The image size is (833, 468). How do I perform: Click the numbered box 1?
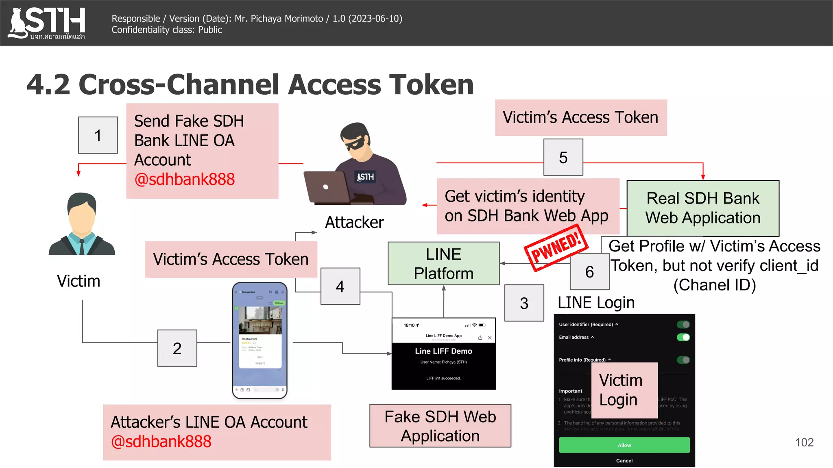[98, 135]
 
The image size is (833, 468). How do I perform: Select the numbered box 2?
[177, 348]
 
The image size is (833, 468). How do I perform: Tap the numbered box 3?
[524, 303]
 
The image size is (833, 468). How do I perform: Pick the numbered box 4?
[340, 286]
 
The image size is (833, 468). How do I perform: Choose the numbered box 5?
[563, 158]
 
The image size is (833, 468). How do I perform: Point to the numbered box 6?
[589, 272]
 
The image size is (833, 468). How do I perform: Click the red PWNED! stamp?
[556, 248]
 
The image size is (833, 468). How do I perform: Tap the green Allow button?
[624, 445]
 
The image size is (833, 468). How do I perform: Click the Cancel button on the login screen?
[624, 461]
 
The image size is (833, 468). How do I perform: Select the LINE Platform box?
[443, 264]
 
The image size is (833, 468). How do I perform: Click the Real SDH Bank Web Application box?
[702, 208]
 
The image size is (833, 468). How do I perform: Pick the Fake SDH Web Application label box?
[440, 426]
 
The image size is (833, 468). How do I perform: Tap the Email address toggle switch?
[683, 337]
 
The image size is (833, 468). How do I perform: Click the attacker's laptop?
[327, 187]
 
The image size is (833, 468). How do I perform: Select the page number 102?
[804, 442]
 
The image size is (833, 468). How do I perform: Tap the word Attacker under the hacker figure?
[354, 222]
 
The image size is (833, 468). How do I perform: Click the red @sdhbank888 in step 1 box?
[185, 179]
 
